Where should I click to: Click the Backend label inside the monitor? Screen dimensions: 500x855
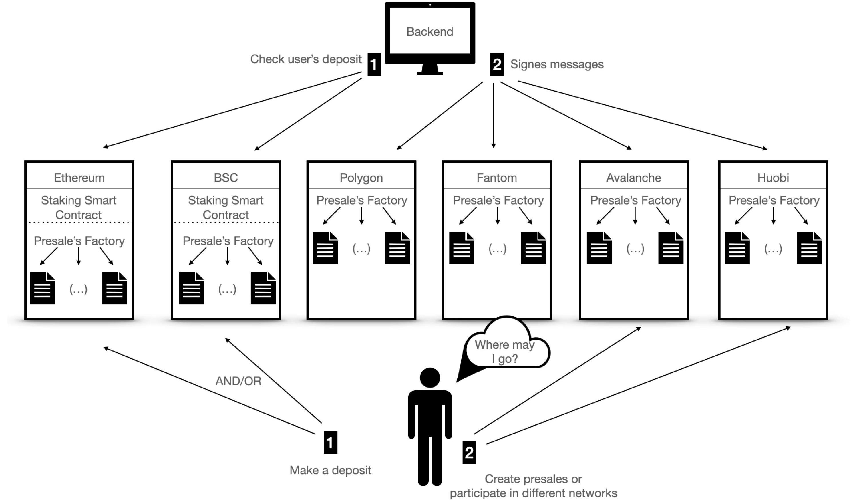(430, 31)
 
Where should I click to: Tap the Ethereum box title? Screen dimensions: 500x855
(79, 178)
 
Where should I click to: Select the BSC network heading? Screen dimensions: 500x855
(226, 178)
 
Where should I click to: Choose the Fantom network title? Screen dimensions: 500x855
(497, 178)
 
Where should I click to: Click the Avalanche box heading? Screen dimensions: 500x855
(633, 178)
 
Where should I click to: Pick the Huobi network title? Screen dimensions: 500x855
(773, 178)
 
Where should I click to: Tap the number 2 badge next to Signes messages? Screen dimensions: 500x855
(497, 64)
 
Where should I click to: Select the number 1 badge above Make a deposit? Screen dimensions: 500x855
(330, 442)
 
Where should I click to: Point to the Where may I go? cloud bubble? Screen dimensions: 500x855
(506, 350)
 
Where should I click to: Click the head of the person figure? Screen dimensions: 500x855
(430, 378)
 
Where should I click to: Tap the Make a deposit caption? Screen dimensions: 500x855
(330, 471)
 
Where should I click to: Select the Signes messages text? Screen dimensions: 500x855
(557, 64)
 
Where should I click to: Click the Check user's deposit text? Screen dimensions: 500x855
(306, 59)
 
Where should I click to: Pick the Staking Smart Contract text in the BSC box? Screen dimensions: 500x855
(226, 207)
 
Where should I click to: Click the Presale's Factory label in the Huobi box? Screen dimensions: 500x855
(774, 200)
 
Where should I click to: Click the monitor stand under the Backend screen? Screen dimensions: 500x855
(430, 69)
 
